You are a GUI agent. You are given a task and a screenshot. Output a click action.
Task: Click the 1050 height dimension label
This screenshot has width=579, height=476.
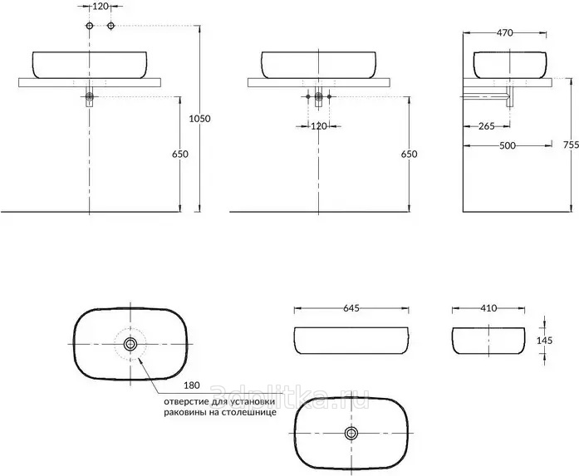pyautogui.click(x=199, y=119)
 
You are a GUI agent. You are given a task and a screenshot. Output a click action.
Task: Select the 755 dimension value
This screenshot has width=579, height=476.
pyautogui.click(x=571, y=145)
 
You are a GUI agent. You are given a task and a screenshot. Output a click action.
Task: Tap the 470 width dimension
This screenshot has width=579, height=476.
pyautogui.click(x=504, y=33)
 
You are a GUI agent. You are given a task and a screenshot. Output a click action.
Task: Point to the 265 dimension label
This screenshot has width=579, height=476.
pyautogui.click(x=486, y=126)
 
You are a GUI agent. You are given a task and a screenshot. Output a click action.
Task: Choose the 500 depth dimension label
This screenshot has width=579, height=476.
pyautogui.click(x=508, y=145)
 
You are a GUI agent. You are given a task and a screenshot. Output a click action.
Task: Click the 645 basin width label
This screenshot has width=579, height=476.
pyautogui.click(x=351, y=308)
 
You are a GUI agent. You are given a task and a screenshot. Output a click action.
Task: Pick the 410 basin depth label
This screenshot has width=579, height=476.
pyautogui.click(x=489, y=308)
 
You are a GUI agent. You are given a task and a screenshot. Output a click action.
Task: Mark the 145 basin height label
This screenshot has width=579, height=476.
pyautogui.click(x=544, y=340)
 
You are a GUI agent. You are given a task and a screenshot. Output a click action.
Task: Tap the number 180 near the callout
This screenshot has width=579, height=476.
pyautogui.click(x=192, y=385)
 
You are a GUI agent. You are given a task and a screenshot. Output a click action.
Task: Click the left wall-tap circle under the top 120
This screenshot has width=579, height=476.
pyautogui.click(x=90, y=26)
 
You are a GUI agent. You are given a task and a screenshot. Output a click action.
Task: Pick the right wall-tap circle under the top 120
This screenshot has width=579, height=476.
pyautogui.click(x=110, y=26)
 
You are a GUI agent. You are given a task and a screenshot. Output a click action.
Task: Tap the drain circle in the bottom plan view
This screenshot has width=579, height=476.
pyautogui.click(x=351, y=433)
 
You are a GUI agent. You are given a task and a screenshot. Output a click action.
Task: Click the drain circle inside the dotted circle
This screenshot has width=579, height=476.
pyautogui.click(x=130, y=344)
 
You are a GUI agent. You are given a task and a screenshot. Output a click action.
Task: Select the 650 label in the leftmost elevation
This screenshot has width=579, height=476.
pyautogui.click(x=180, y=154)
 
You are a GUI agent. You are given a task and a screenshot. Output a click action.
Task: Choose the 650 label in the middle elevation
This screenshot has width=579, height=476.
pyautogui.click(x=410, y=154)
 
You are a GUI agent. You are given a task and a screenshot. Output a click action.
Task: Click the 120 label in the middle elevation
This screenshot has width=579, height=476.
pyautogui.click(x=319, y=126)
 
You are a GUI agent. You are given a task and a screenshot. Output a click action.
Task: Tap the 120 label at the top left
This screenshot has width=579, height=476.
pyautogui.click(x=100, y=7)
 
